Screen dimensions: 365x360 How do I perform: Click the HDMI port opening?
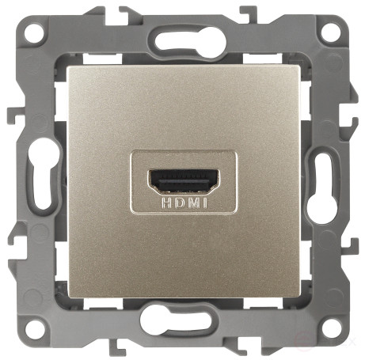click(x=184, y=182)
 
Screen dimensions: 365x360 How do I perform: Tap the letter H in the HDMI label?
click(x=166, y=203)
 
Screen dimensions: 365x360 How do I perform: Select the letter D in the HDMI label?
click(x=180, y=203)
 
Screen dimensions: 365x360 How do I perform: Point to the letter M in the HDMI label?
click(x=194, y=203)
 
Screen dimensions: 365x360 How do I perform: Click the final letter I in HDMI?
click(x=205, y=203)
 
